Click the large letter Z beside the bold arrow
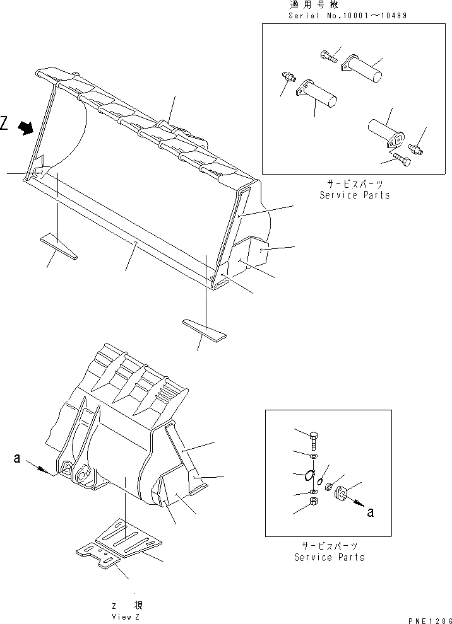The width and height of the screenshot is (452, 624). coord(5,124)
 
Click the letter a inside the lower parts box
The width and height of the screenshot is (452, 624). coord(370,512)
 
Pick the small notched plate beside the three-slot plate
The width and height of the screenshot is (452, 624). coord(98,556)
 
